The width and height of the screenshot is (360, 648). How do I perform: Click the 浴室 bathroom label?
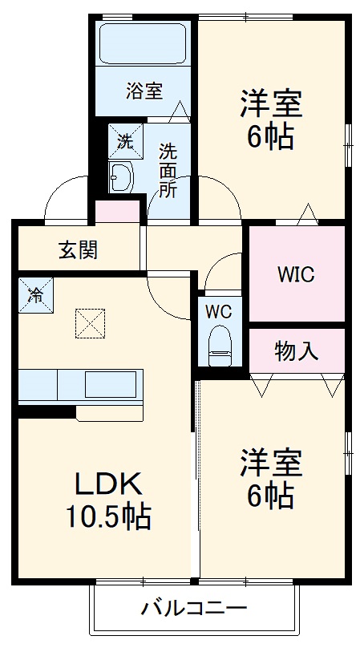tap(144, 91)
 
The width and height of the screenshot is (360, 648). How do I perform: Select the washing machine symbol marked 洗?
tap(126, 141)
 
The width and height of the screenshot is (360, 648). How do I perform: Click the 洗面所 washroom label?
tap(167, 169)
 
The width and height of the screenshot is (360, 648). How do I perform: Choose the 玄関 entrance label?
tap(78, 250)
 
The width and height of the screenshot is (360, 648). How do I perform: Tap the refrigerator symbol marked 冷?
tap(35, 294)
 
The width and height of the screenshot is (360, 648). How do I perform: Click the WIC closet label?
tap(296, 273)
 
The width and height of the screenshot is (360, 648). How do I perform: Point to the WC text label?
tap(218, 311)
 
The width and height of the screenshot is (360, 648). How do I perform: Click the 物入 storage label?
tap(297, 350)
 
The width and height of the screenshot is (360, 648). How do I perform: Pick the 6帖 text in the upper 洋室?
tap(269, 137)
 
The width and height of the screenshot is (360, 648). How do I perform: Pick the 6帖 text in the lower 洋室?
tap(269, 497)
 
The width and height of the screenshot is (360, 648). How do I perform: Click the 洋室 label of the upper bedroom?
tap(269, 104)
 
